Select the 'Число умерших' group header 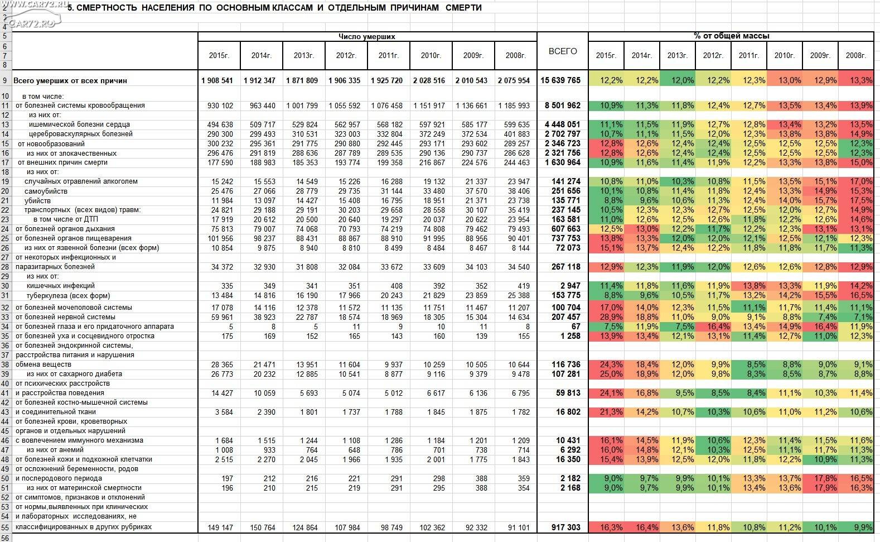[x=367, y=37]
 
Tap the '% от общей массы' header [x=731, y=36]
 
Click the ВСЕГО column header [x=563, y=51]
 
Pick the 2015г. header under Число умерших [x=219, y=55]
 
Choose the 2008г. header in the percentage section [x=856, y=55]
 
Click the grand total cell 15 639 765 [x=560, y=80]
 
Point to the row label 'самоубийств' [x=46, y=191]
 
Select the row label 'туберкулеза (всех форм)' [x=69, y=295]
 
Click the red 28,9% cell [x=611, y=317]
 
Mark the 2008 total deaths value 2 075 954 [x=514, y=80]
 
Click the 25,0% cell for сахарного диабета [x=611, y=374]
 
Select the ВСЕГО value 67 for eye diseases [x=576, y=327]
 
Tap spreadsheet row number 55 [x=5, y=527]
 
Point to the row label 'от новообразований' [x=51, y=143]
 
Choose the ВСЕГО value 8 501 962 [x=563, y=105]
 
